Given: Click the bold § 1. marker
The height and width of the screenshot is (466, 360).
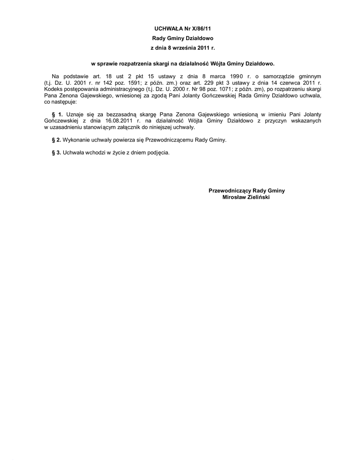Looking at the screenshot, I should (57, 114).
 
